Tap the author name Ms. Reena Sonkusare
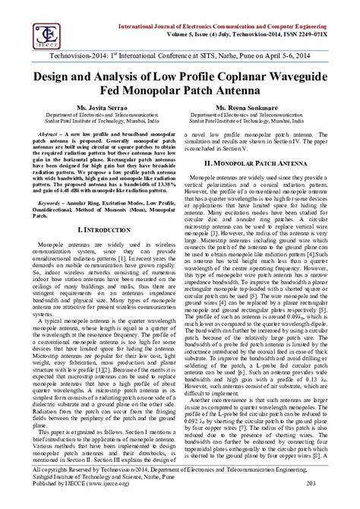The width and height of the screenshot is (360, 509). pyautogui.click(x=262, y=109)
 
